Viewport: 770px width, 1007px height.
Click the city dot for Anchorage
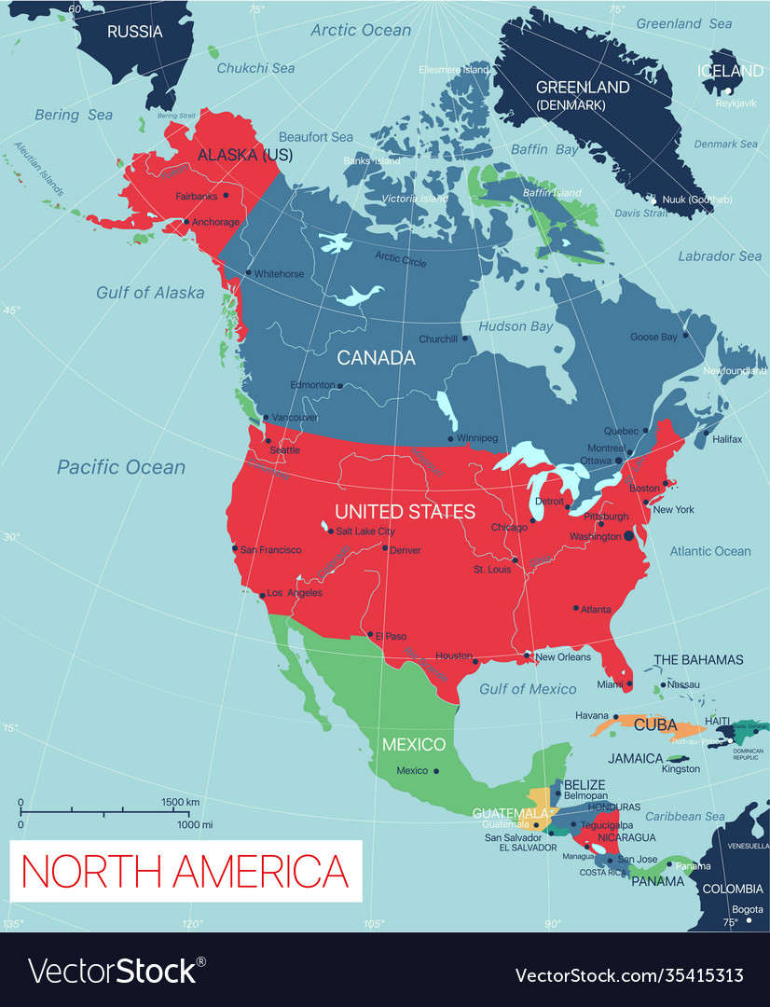[x=186, y=222]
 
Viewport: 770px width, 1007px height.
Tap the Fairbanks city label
[x=196, y=197]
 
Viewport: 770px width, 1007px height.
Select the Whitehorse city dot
[x=248, y=273]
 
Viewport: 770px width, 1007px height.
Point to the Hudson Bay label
[x=516, y=327]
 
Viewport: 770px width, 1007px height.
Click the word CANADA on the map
[x=376, y=358]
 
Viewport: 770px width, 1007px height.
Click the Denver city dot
[x=384, y=548]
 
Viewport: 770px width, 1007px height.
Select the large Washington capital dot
[x=628, y=536]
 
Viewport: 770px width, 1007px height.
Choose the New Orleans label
[x=563, y=657]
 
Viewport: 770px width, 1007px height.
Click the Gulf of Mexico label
[x=528, y=689]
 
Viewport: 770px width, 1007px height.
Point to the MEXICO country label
[x=414, y=745]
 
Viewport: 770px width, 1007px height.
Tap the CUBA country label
[x=655, y=724]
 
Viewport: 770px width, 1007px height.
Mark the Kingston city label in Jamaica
[x=681, y=769]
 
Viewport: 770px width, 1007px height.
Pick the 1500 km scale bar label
[x=181, y=802]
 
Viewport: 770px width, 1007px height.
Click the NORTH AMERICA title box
[x=186, y=871]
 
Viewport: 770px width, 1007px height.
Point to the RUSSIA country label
[x=134, y=32]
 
